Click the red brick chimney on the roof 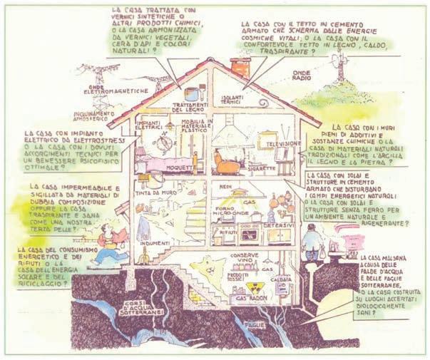pos(241,68)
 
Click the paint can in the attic pos(190,93)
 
